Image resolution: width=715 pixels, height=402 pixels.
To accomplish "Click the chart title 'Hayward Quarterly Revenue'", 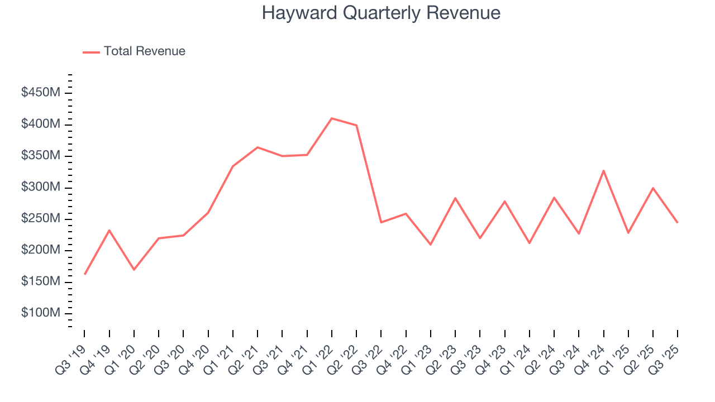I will click(381, 13).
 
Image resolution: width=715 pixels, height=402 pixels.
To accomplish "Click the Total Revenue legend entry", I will click(134, 51).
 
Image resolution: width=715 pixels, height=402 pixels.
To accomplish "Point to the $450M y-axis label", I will click(41, 92).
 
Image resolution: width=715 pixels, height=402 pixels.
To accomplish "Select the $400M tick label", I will click(41, 123).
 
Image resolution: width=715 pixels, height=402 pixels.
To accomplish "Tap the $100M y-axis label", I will click(41, 313).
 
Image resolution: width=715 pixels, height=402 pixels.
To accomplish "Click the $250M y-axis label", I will click(41, 218).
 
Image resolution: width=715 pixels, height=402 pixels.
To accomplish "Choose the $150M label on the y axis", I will click(41, 281).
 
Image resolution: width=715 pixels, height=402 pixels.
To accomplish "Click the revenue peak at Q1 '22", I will click(331, 118).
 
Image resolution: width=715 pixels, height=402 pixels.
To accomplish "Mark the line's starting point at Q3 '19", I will click(84, 274).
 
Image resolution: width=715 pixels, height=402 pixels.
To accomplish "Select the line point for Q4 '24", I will click(603, 170).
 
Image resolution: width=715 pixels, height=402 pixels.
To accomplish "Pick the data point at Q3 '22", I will click(381, 222).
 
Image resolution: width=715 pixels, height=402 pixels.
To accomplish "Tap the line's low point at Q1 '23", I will click(430, 245).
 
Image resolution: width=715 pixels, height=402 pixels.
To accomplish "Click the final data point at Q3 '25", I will click(677, 222).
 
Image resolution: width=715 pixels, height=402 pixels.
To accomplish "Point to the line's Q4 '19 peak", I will click(109, 230).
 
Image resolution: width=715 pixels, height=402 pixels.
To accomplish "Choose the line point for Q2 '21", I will click(258, 147).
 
